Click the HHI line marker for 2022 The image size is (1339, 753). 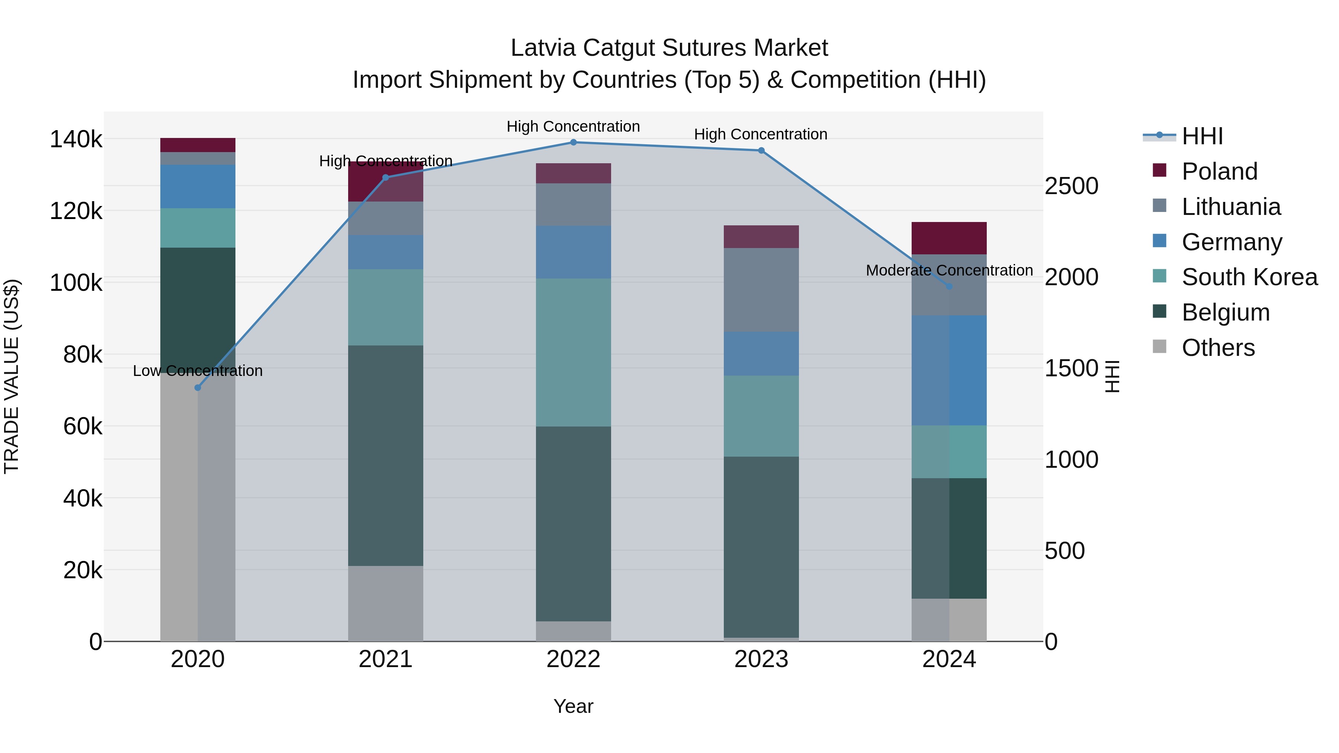[x=573, y=142]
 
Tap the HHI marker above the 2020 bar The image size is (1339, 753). [x=198, y=388]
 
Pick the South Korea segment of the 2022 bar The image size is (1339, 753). [x=573, y=353]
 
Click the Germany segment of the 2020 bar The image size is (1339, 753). [x=198, y=187]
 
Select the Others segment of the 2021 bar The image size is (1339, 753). [x=385, y=604]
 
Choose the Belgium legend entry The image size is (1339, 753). [x=1225, y=312]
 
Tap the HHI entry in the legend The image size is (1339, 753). [x=1201, y=136]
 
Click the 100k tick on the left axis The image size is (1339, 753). [x=76, y=283]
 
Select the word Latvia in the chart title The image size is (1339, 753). [x=544, y=48]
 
